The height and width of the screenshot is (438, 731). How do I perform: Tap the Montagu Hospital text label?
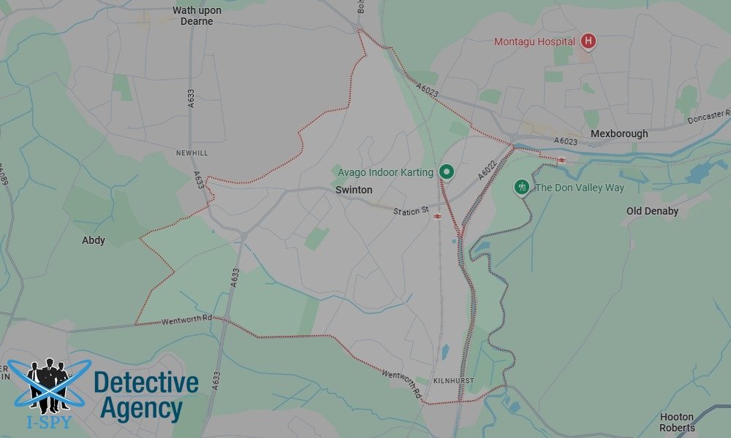coord(534,42)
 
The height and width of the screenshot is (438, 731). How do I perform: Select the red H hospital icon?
coord(587,42)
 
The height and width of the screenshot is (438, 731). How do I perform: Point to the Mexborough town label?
coord(619,134)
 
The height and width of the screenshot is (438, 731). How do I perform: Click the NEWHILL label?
coord(192,153)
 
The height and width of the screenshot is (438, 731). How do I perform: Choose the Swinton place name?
coord(354,190)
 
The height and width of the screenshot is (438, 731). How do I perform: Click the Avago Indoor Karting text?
coord(385,172)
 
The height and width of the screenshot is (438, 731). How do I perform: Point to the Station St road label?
coord(411,211)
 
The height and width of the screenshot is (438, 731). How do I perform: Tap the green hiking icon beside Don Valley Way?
coord(521,187)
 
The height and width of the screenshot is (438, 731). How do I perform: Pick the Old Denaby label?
coord(652,211)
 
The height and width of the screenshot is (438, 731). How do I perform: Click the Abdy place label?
coord(94,240)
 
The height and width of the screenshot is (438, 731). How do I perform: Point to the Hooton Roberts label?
coord(677,422)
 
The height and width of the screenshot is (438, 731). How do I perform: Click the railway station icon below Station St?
coord(436,217)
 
